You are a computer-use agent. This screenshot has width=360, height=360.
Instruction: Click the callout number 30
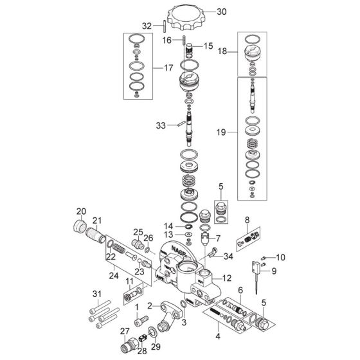click(x=222, y=11)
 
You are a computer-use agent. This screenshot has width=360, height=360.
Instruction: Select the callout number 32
click(x=147, y=26)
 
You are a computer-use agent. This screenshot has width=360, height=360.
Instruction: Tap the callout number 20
click(x=81, y=212)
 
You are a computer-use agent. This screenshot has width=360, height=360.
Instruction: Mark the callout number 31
click(x=97, y=295)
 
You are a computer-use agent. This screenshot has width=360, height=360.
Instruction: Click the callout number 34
click(x=228, y=256)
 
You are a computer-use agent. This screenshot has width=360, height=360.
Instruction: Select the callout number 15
click(x=208, y=46)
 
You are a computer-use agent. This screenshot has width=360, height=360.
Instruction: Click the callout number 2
click(x=150, y=306)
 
